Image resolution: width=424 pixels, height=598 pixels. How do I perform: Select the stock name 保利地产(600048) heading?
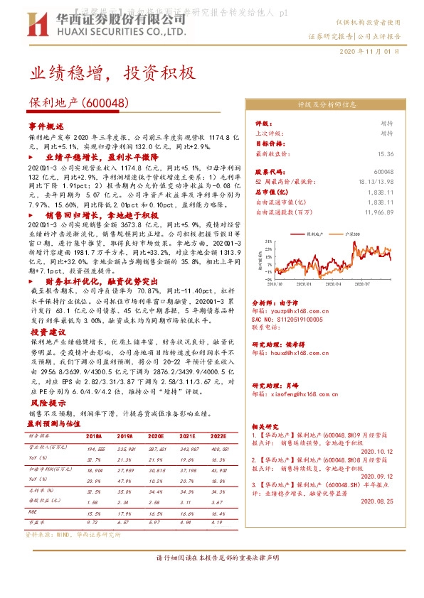tap(78, 103)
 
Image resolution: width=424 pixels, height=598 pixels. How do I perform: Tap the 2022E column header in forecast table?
tap(218, 436)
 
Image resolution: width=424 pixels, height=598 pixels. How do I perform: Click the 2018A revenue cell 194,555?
tap(95, 450)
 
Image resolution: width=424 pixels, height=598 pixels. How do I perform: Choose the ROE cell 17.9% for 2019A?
tap(125, 512)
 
